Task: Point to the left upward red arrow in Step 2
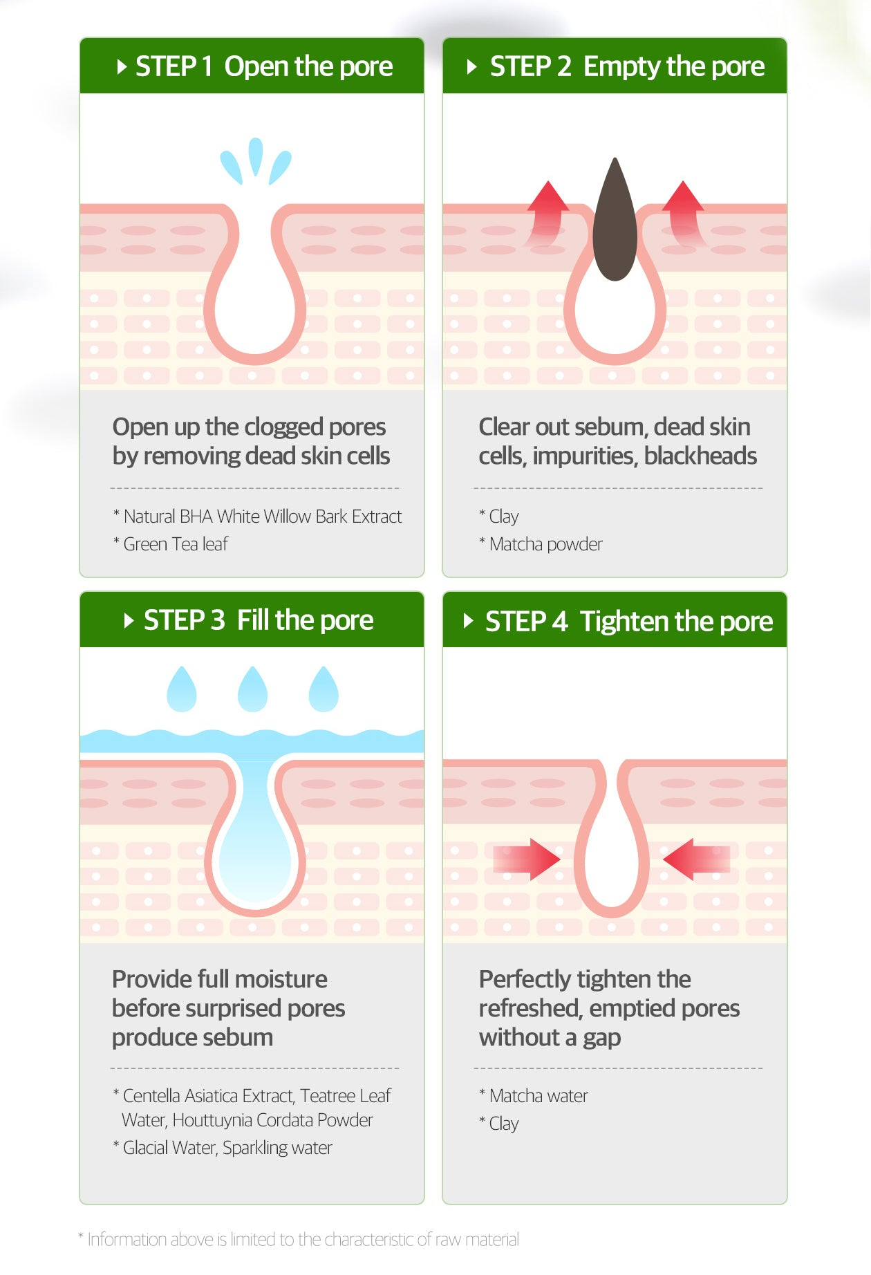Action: click(547, 213)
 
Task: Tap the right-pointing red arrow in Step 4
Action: click(527, 859)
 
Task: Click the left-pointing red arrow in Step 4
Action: click(696, 859)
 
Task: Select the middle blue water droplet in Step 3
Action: click(252, 689)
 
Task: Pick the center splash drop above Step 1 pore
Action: click(256, 156)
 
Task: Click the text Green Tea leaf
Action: click(176, 544)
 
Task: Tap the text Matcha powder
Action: click(546, 544)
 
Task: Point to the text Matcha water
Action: click(538, 1096)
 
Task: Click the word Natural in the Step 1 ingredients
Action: click(149, 516)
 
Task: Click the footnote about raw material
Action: click(299, 1239)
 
